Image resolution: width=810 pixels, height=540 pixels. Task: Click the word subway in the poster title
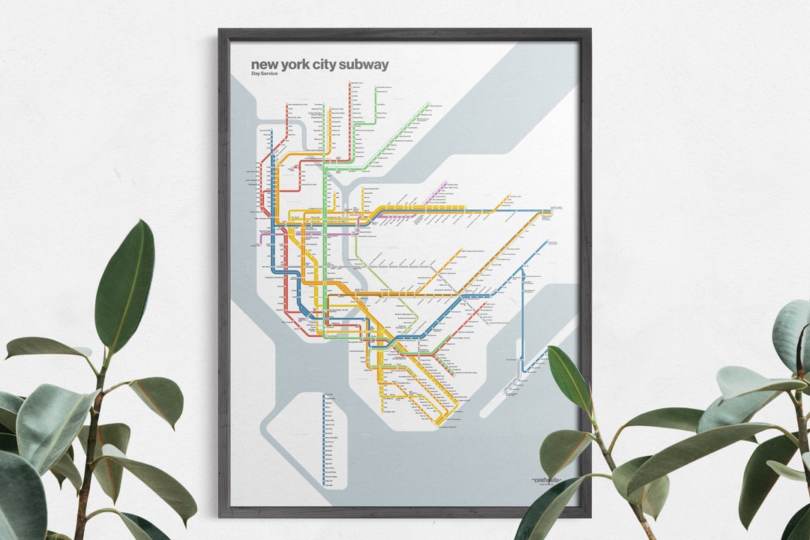tap(363, 64)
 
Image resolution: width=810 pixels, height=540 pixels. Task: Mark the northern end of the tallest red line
tap(350, 83)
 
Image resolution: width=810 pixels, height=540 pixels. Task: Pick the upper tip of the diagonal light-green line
tap(428, 103)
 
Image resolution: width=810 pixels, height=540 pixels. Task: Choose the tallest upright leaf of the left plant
tap(125, 285)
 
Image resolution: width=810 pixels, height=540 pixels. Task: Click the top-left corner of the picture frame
tap(220, 31)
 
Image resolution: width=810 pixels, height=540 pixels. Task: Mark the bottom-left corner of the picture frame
tap(220, 515)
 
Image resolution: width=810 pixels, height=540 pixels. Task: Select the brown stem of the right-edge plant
tap(800, 420)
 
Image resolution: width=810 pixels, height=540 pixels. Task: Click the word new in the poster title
tap(262, 64)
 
